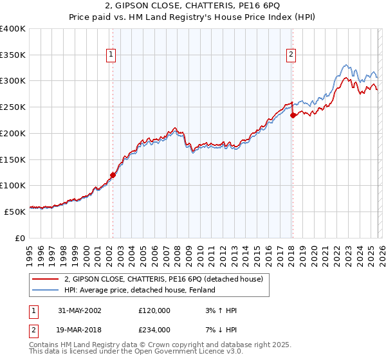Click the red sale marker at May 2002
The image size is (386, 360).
point(113,174)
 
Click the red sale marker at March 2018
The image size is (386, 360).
point(293,116)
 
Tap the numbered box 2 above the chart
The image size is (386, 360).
point(291,55)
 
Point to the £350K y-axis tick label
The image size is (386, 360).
point(13,55)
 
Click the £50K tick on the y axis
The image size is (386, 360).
point(15,211)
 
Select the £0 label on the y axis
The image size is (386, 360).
point(21,237)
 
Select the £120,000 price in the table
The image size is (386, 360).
point(154,310)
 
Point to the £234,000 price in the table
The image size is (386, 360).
point(154,331)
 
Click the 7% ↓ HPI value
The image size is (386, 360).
point(219,331)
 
